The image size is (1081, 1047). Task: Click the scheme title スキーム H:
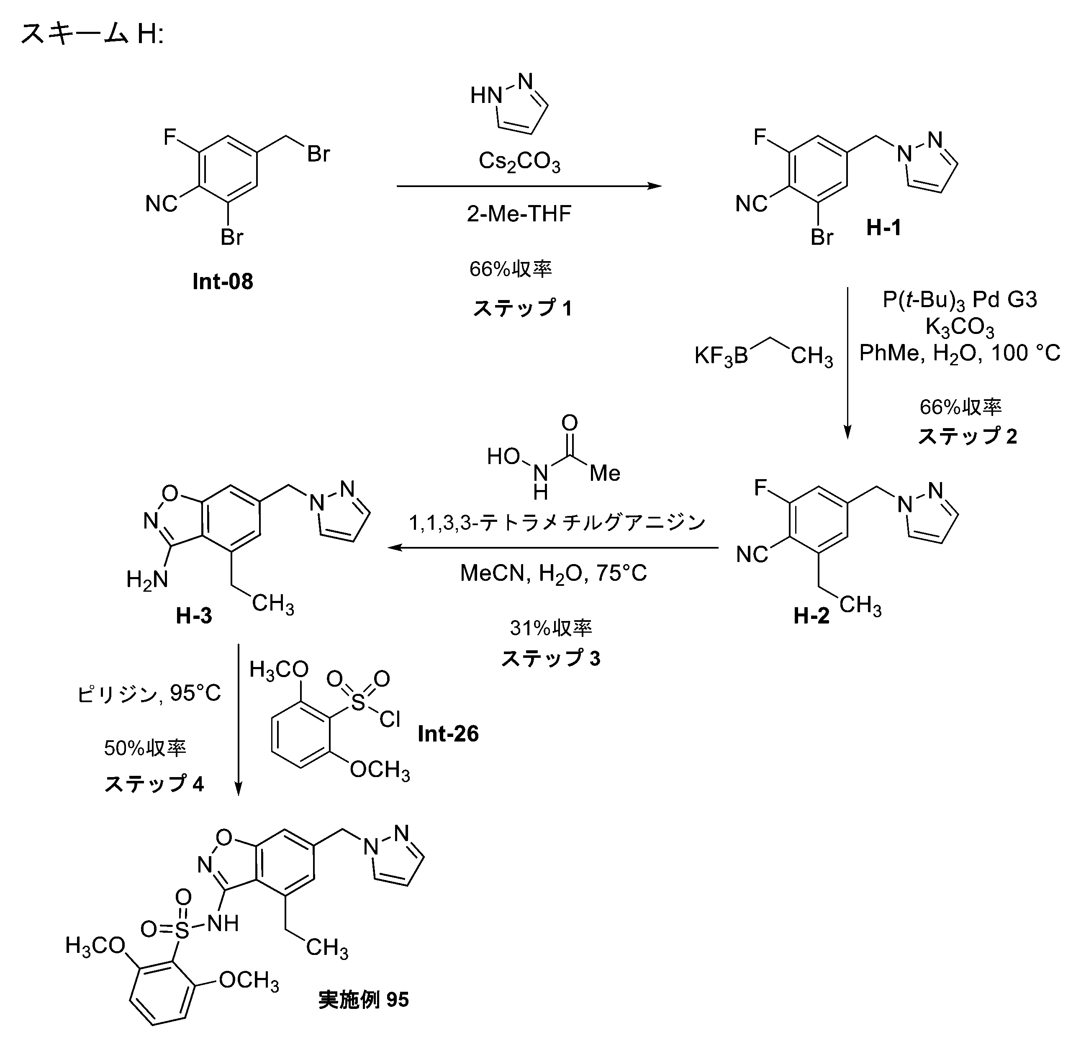point(92,34)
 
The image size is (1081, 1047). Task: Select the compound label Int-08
point(222,282)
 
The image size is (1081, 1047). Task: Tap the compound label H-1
point(883,227)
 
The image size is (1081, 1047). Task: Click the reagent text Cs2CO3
point(519,162)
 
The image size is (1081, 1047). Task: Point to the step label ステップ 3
point(550,658)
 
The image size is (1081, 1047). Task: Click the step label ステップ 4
point(154,783)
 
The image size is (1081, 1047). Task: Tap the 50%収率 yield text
point(145,748)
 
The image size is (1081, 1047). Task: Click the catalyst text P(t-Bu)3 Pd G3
point(960,299)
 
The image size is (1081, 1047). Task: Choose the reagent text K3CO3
point(959,328)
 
